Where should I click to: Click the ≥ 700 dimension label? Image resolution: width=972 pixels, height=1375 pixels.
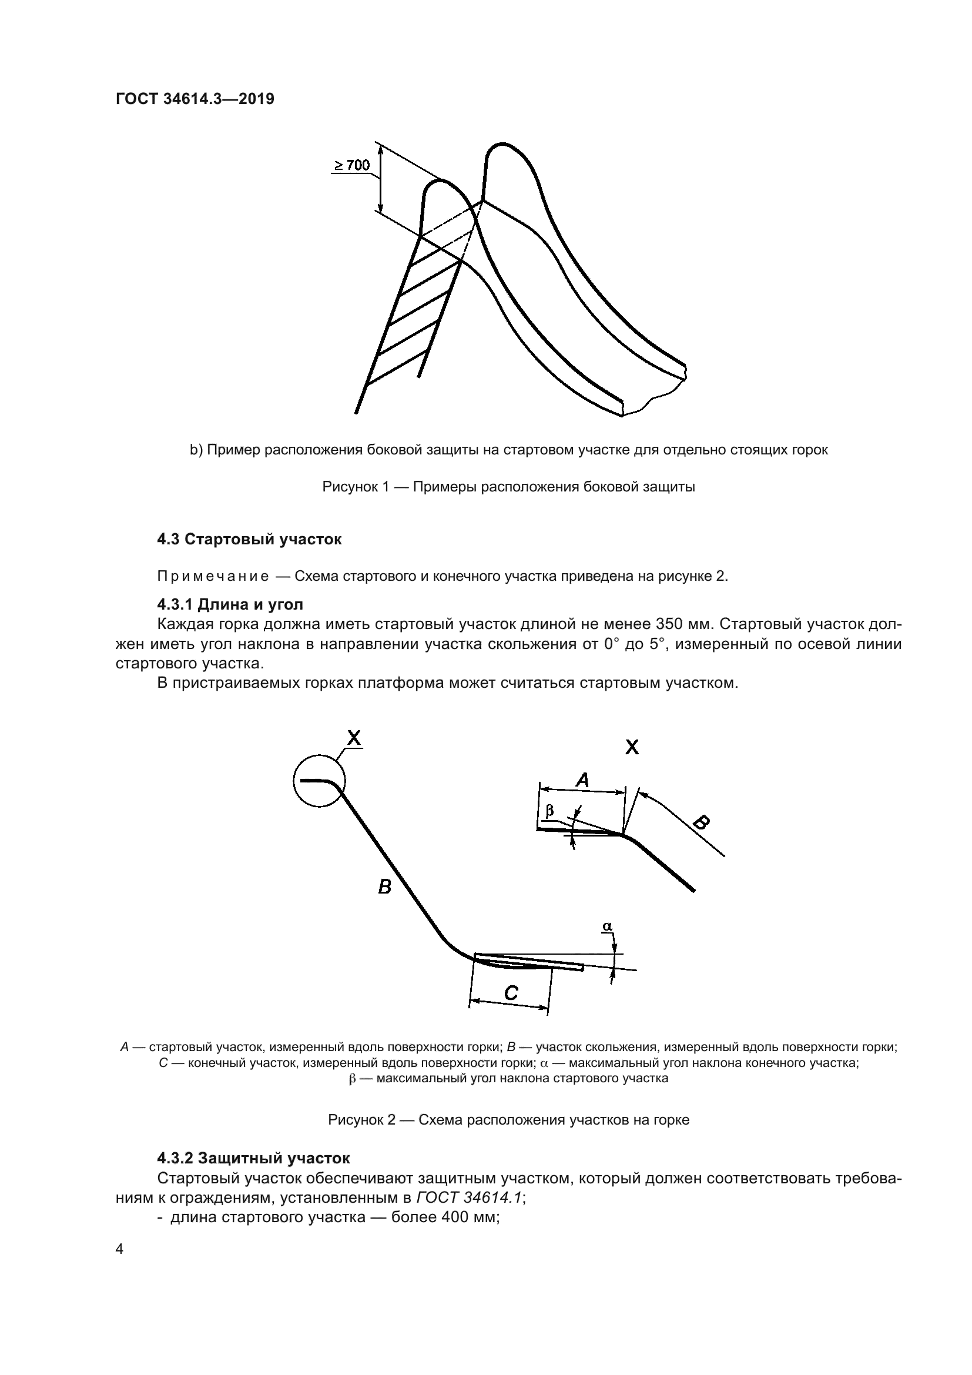pos(352,165)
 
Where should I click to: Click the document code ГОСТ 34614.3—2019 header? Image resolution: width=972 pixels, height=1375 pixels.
pos(195,99)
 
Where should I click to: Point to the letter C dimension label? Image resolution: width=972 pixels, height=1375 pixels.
pos(511,993)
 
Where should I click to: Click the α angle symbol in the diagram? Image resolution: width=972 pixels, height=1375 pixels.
pos(607,927)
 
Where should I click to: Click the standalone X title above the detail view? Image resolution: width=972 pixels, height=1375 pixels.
pos(631,747)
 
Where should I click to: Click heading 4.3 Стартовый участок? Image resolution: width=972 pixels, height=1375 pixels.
pos(249,539)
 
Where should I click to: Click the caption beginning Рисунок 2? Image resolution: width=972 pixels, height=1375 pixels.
pos(509,1120)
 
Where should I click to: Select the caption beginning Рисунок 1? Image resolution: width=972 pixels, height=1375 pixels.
pos(509,487)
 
